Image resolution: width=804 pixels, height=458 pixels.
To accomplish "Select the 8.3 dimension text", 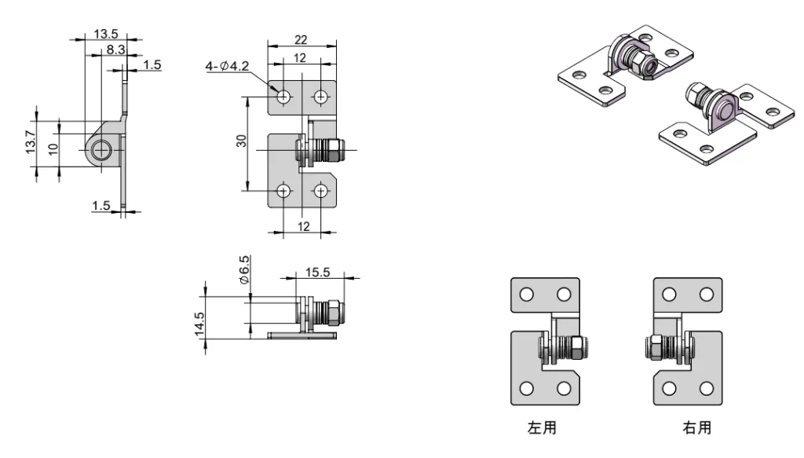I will (115, 49).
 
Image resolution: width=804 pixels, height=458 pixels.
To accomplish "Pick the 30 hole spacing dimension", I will (242, 141).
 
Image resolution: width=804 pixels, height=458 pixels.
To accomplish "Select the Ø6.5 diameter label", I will (244, 269).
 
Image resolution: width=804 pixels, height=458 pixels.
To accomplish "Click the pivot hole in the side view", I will (100, 150).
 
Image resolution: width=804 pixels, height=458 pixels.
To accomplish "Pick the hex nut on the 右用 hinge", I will (652, 346).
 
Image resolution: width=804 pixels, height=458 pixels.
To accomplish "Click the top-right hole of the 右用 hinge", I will (706, 295).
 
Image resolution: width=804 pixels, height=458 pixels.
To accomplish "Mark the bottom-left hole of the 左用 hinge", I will (526, 389).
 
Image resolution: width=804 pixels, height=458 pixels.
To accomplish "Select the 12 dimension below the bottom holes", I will (303, 226).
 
